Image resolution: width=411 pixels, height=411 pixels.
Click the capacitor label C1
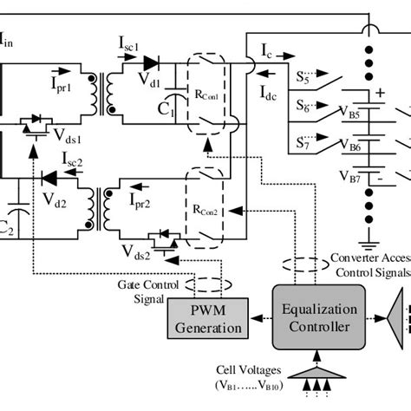[166, 110]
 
